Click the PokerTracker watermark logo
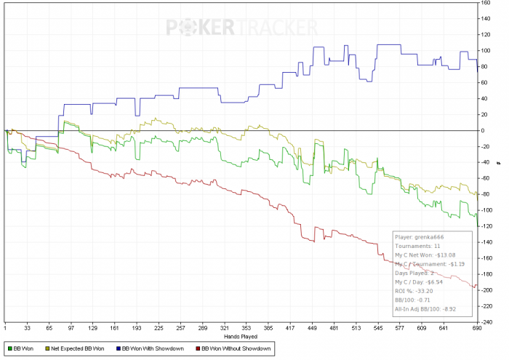click(x=243, y=28)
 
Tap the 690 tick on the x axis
click(x=477, y=328)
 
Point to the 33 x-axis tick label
click(x=28, y=328)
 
